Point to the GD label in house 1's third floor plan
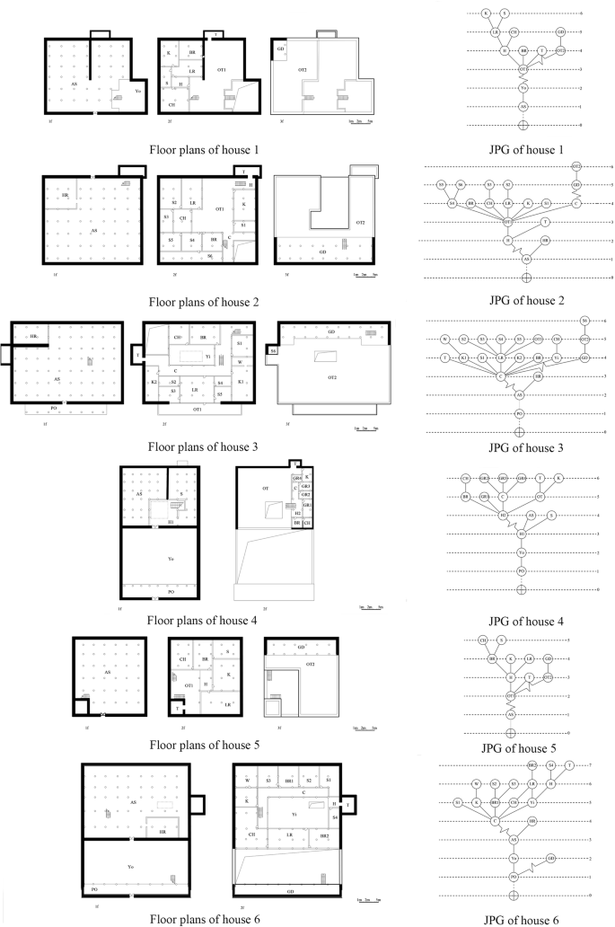tap(281, 47)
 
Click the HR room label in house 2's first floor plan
tap(66, 193)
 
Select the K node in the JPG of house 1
tap(486, 13)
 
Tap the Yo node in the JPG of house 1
tap(523, 87)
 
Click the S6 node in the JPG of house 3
tap(584, 321)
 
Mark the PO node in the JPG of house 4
tap(521, 569)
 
